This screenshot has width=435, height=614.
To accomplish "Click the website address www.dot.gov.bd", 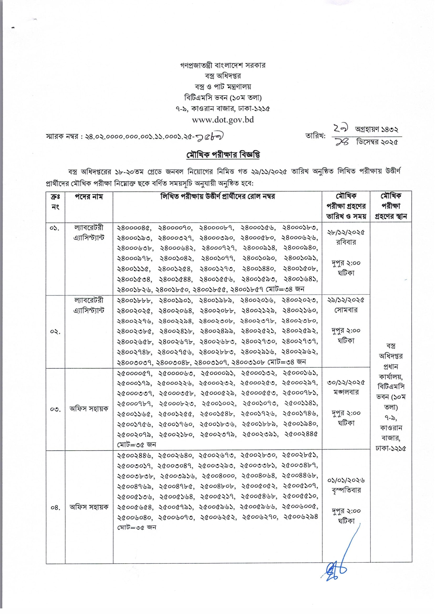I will [x=222, y=120].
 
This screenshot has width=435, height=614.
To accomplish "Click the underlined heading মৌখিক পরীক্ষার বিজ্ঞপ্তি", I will [x=223, y=155].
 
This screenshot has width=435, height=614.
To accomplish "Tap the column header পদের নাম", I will [x=89, y=197].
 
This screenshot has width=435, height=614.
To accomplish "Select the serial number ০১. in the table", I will [x=55, y=228].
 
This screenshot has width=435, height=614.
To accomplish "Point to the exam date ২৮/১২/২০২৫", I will [x=346, y=232].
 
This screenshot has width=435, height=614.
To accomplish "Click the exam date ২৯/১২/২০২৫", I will [x=346, y=300].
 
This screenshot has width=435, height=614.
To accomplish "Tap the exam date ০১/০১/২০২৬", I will [x=346, y=480].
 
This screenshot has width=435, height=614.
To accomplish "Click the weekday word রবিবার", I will [x=346, y=242].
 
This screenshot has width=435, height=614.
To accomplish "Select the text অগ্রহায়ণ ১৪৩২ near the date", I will [x=376, y=129].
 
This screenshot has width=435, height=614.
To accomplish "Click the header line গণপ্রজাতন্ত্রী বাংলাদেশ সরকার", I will [x=222, y=65].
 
